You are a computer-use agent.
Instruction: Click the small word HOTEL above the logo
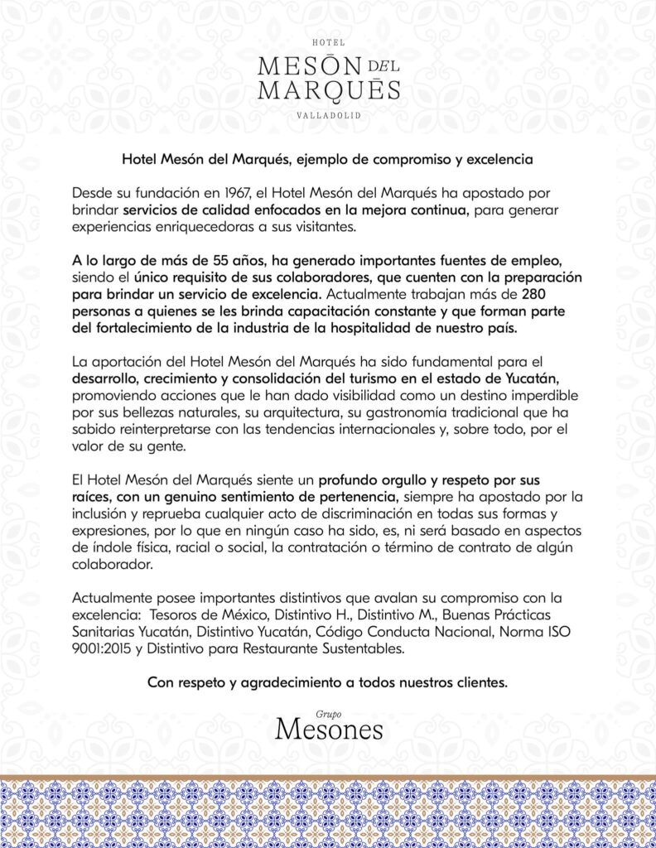[327, 41]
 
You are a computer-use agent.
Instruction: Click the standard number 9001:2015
[103, 649]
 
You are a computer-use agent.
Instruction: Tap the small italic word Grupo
[328, 712]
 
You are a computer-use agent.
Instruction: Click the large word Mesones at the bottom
[329, 730]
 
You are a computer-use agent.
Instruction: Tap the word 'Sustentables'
[361, 649]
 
